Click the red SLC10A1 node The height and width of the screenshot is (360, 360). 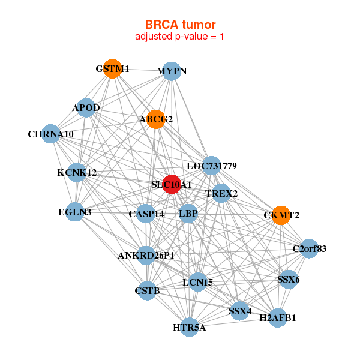coord(172,184)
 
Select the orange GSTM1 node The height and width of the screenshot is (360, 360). coord(113,69)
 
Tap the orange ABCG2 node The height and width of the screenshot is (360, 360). coord(156,119)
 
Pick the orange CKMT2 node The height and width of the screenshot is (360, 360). coord(281,215)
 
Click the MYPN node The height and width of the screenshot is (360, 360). coord(172,71)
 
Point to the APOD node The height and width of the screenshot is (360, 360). coord(86,107)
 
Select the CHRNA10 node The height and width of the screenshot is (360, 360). coord(51,134)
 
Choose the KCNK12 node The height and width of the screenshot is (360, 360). coord(77,172)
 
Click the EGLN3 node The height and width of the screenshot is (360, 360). coord(75,212)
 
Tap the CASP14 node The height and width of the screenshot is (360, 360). coord(146,214)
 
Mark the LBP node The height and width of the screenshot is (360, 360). coord(188,214)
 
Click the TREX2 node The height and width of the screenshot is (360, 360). coord(221,193)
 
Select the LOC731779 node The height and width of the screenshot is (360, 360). coord(211,166)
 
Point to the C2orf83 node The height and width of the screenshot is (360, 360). coord(309,248)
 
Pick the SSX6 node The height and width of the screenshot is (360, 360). coord(289,280)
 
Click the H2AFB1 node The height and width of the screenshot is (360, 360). coord(278,318)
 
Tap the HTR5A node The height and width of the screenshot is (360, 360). coord(189,327)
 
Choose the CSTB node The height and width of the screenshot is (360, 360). coord(147,290)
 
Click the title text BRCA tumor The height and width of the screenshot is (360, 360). coord(180,25)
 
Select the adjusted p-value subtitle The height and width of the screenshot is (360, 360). coord(179,37)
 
